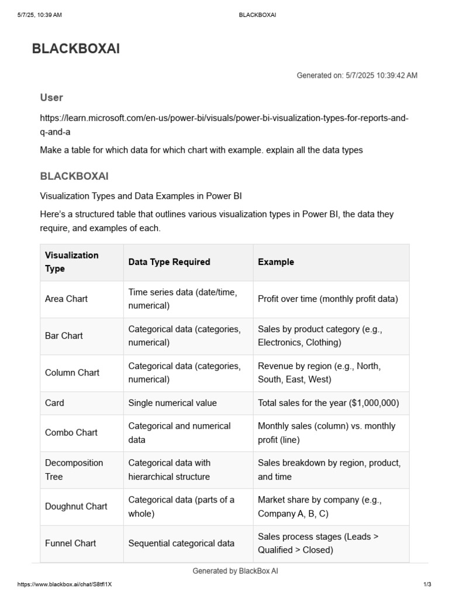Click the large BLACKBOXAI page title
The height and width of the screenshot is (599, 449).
pyautogui.click(x=75, y=49)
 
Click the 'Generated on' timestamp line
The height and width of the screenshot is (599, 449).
pyautogui.click(x=357, y=75)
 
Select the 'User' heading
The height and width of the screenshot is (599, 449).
pyautogui.click(x=51, y=98)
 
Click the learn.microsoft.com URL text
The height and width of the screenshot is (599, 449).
pyautogui.click(x=224, y=125)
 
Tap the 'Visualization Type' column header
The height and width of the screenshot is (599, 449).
pyautogui.click(x=72, y=262)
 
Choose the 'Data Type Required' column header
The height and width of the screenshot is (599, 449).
pyautogui.click(x=169, y=262)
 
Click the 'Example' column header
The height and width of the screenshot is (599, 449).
pyautogui.click(x=276, y=262)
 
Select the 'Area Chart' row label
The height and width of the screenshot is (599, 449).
pyautogui.click(x=66, y=299)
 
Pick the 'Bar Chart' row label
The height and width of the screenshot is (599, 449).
pyautogui.click(x=64, y=336)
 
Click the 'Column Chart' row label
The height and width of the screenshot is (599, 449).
pyautogui.click(x=72, y=373)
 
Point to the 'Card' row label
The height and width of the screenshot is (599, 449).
pyautogui.click(x=54, y=403)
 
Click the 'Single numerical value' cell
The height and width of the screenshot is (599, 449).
pyautogui.click(x=172, y=403)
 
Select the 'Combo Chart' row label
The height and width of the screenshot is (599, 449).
pyautogui.click(x=71, y=433)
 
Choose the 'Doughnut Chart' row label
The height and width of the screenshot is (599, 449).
pyautogui.click(x=76, y=507)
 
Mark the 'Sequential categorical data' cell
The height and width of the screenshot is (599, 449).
pyautogui.click(x=181, y=543)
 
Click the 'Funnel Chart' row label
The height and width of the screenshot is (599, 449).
pyautogui.click(x=70, y=543)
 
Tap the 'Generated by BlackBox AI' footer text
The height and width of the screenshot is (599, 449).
pyautogui.click(x=235, y=571)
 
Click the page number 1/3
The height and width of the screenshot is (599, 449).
pyautogui.click(x=426, y=584)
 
